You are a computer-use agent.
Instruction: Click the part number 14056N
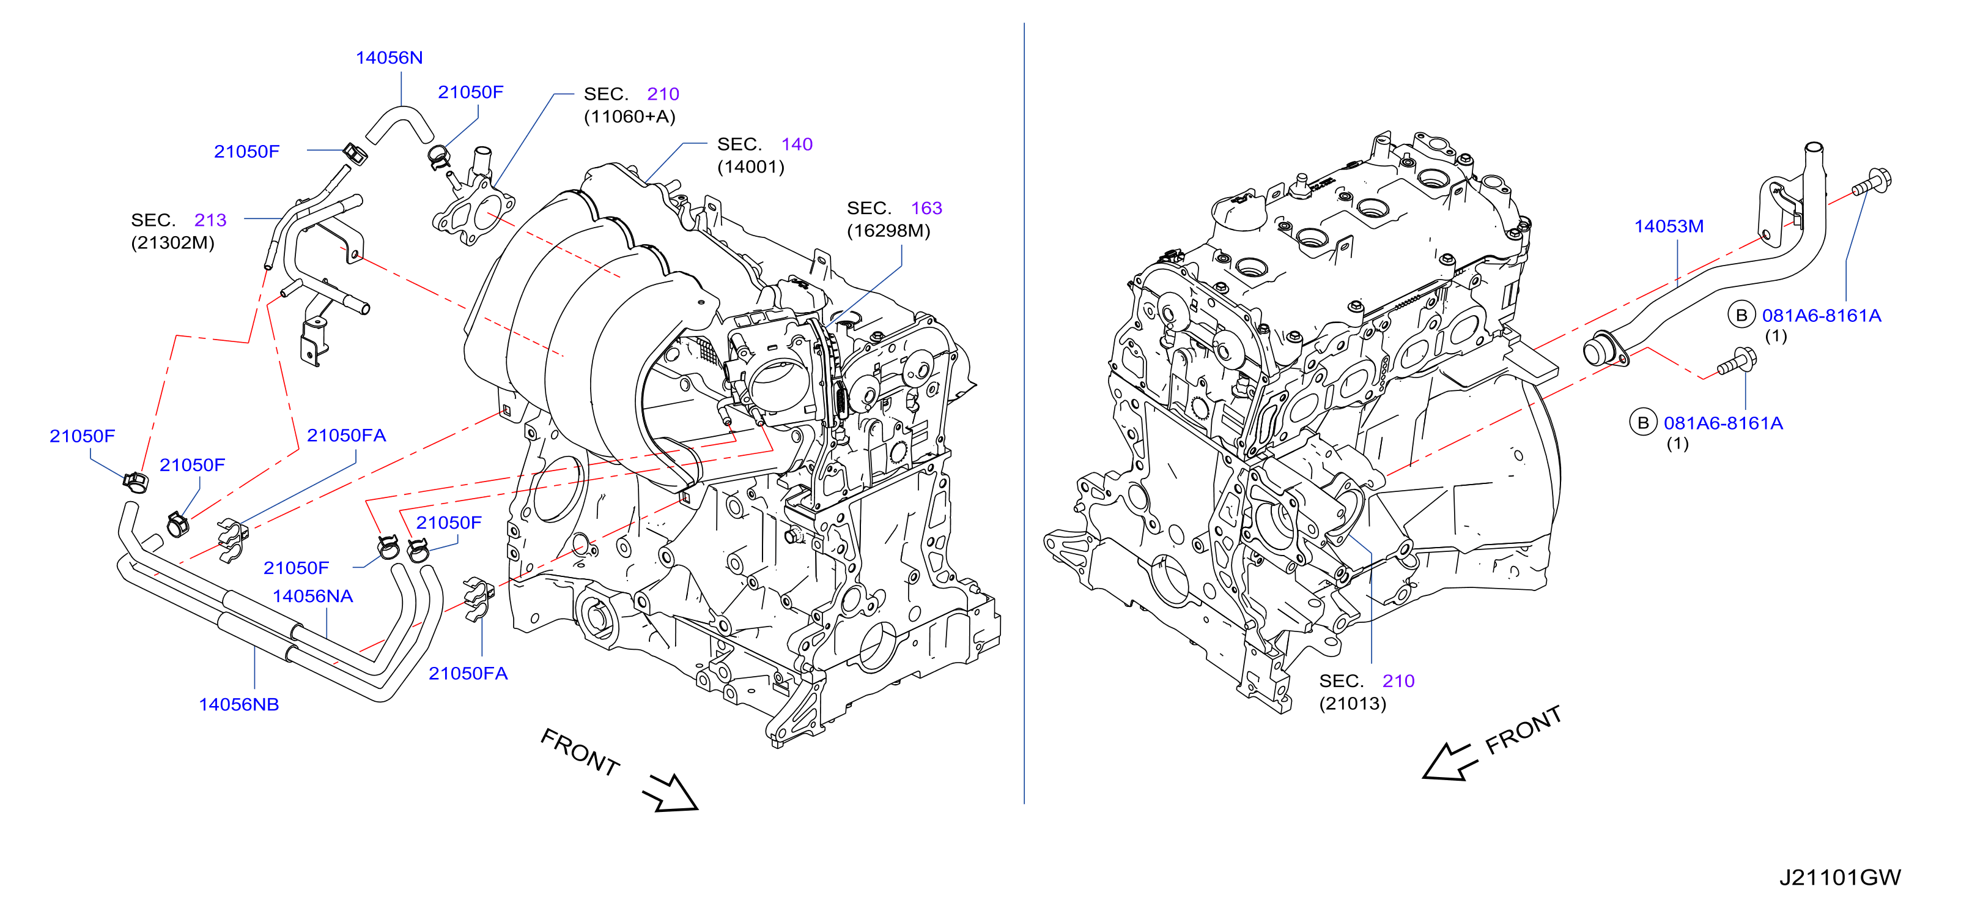tap(389, 58)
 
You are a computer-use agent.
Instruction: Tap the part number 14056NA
tap(312, 596)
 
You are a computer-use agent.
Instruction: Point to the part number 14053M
tap(1669, 226)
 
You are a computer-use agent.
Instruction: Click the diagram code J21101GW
tap(1840, 877)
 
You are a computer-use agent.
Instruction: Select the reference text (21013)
tap(1353, 703)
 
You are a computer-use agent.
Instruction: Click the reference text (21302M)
tap(172, 242)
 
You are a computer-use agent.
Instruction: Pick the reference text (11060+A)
tap(630, 116)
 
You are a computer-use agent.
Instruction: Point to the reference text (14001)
tap(750, 166)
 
